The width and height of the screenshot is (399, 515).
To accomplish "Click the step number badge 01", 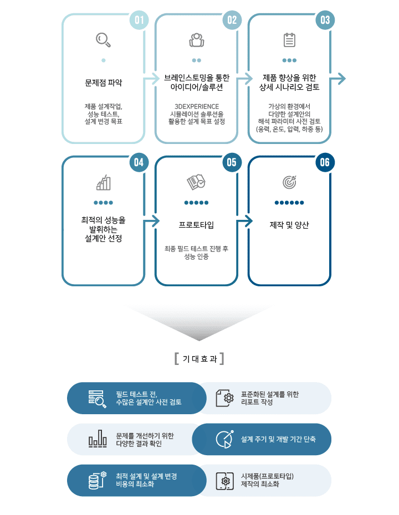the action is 139,20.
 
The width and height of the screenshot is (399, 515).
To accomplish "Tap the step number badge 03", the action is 325,20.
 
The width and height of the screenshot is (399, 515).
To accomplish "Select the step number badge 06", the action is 325,163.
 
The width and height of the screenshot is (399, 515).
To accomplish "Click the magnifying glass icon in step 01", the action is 103,40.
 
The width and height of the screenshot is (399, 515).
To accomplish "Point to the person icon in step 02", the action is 197,40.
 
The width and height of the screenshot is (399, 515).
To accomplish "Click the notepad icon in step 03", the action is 290,40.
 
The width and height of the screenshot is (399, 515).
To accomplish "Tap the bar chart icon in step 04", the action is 104,182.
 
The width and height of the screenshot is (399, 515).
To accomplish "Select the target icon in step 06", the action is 290,182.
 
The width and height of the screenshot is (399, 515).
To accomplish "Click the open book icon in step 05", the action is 196,182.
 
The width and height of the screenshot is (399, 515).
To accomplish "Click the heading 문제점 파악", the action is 104,83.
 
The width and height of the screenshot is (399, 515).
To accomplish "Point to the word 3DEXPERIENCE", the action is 197,106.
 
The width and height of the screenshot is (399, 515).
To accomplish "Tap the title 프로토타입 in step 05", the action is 196,225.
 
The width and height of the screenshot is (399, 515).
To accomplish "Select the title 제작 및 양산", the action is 289,225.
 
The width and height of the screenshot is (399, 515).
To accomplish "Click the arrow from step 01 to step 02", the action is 151,79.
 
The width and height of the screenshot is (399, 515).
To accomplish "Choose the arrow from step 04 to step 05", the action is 151,221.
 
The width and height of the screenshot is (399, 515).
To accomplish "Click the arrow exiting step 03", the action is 337,79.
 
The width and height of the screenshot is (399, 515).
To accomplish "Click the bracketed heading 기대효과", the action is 199,359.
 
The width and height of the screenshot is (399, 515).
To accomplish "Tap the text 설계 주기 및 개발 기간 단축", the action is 278,439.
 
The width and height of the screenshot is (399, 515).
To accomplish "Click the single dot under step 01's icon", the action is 104,60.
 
